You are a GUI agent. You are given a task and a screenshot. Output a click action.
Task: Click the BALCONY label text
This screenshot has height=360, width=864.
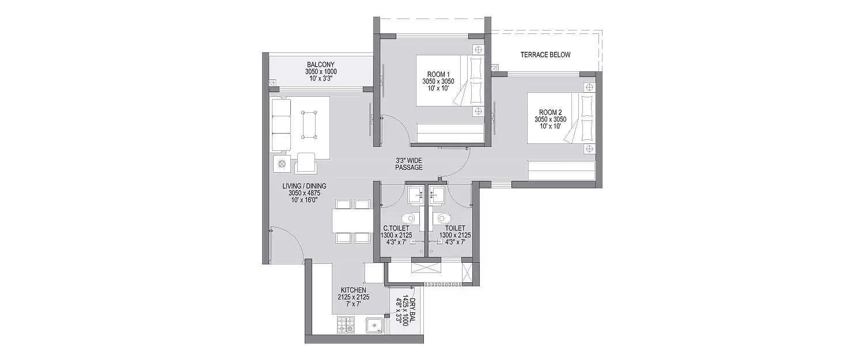pos(320,65)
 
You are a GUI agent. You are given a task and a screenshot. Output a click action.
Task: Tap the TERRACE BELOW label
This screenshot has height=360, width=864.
pos(545,55)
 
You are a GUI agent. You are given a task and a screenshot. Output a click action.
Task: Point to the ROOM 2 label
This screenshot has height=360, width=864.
pos(550,112)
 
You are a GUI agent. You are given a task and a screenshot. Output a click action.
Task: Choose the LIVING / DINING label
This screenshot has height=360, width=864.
pos(304,185)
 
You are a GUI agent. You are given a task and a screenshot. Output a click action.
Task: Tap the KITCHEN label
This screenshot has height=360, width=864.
pos(353,290)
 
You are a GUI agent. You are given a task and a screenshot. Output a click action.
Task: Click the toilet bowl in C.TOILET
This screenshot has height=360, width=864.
pos(408,218)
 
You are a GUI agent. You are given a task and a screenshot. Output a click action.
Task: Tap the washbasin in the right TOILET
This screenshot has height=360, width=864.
pos(438,195)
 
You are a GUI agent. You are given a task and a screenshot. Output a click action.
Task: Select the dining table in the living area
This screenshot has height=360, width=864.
pos(351,220)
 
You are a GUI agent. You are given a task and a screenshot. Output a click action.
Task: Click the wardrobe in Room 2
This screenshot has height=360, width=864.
pos(562,171)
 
